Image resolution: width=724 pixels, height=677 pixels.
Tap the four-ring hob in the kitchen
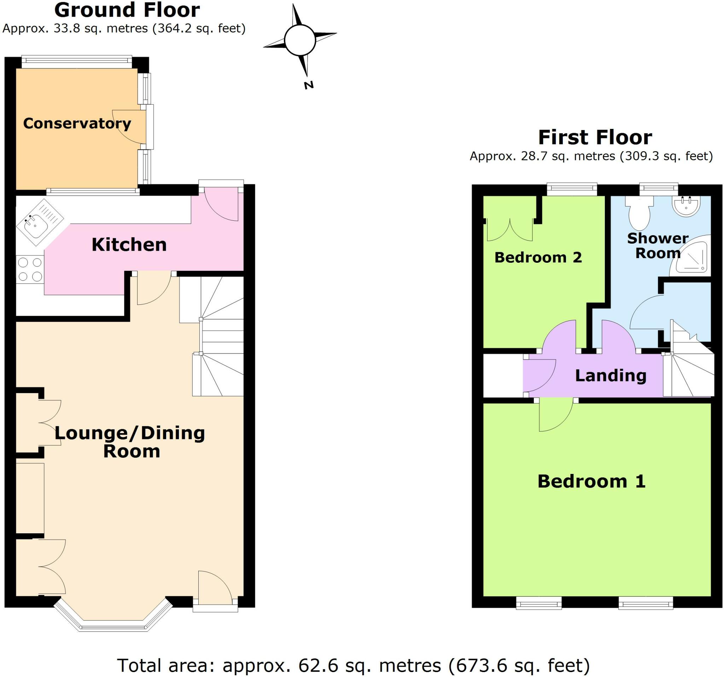[30, 269]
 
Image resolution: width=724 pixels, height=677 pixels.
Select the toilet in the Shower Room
[639, 214]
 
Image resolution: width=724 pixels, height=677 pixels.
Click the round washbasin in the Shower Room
[686, 206]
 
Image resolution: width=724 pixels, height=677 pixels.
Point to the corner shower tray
[691, 257]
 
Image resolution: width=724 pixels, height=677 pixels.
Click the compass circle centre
[300, 40]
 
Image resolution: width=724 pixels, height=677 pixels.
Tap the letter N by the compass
[309, 85]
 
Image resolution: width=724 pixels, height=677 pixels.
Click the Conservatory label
[77, 124]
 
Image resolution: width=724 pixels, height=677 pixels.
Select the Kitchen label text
[129, 245]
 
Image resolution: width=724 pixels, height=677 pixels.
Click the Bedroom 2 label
[538, 257]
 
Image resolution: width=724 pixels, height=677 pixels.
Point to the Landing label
[611, 375]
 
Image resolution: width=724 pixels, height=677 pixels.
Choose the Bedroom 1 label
[591, 481]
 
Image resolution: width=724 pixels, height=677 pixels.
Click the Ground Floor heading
[127, 10]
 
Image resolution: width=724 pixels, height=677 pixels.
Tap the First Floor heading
[595, 137]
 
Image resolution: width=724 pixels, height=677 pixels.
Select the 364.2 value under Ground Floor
[171, 28]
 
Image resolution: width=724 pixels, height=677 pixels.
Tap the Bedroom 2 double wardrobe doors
[510, 230]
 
